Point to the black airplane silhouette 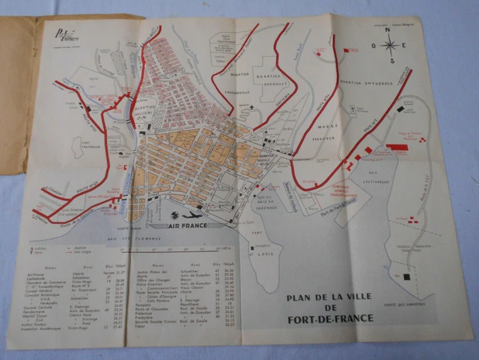pos(183,208)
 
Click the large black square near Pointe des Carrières pos(406,278)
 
